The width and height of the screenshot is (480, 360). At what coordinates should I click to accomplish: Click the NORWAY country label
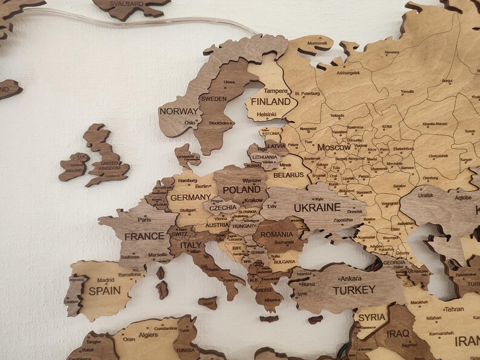point(178,111)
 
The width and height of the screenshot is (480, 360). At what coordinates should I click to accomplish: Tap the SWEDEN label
point(213,98)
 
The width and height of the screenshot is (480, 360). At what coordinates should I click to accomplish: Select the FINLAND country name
point(270,101)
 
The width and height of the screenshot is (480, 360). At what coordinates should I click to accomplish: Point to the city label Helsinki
point(266,114)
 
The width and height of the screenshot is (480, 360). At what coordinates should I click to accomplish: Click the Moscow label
point(334,147)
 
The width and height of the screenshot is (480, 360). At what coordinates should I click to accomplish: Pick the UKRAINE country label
point(317,207)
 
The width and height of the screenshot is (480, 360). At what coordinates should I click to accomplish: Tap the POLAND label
point(241,190)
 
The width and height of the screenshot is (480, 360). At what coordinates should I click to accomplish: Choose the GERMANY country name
point(190,197)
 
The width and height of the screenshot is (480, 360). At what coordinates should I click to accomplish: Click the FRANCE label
point(143,236)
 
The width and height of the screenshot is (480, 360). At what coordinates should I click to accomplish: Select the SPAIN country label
point(105,290)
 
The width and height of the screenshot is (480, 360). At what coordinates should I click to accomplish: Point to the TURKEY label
point(354,290)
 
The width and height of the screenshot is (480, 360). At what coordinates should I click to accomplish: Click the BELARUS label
point(288,175)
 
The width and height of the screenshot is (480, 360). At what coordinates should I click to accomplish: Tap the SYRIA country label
point(372,317)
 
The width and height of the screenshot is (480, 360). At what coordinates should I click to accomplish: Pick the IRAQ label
point(398,333)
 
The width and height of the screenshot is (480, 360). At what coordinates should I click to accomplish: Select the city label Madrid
point(106,280)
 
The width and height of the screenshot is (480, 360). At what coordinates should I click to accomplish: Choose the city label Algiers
point(149,335)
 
